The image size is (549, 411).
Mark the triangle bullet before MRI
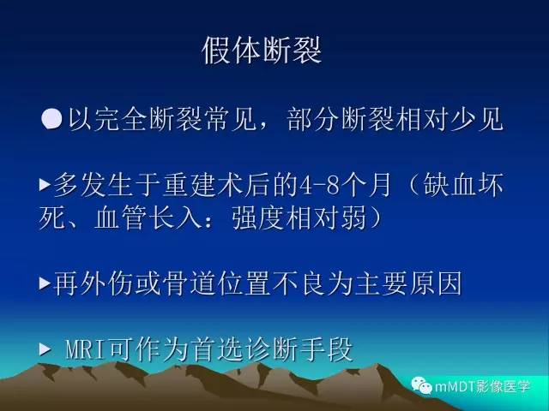pos(45,349)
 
